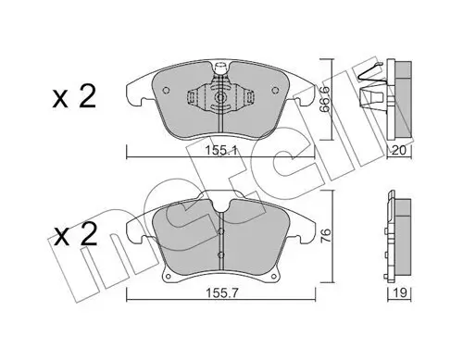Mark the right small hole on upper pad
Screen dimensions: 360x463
click(276, 92)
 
